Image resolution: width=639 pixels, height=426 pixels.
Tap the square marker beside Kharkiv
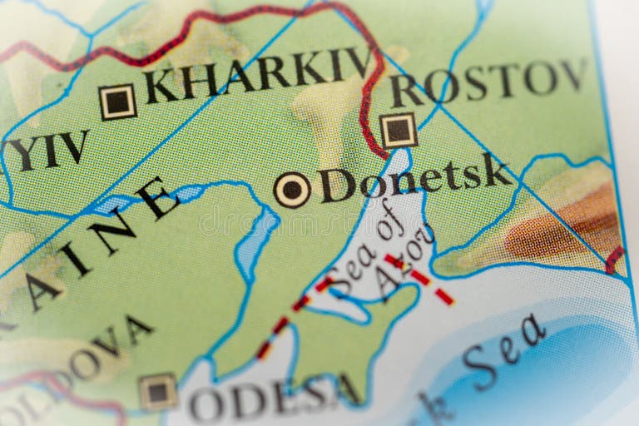[117, 102]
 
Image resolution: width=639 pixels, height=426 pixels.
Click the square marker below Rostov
[399, 130]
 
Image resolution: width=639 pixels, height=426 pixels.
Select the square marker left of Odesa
[158, 390]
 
